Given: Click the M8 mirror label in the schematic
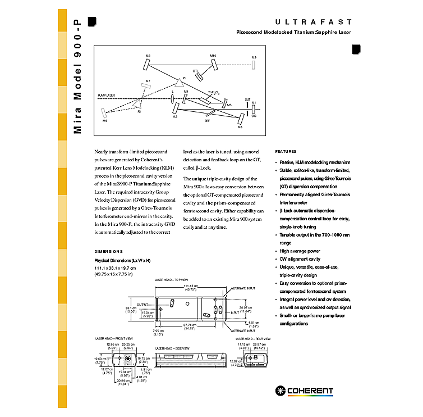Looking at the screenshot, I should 148,56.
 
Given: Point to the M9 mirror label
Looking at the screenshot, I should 254,57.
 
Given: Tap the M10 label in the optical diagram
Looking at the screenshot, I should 213,56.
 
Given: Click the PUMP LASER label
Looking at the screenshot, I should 107,96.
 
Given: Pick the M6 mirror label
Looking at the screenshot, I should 105,121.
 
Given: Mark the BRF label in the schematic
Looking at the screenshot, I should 207,120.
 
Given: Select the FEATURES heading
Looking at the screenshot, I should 286,151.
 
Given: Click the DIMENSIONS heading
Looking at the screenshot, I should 109,251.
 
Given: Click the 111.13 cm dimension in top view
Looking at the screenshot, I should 192,286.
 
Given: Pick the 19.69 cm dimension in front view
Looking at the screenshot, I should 100,359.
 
